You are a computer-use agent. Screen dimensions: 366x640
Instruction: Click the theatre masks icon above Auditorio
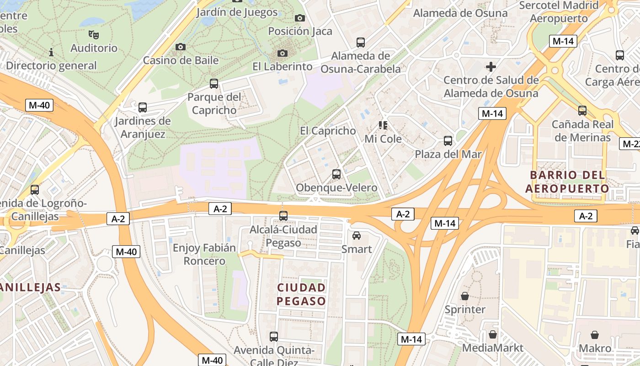tap(94, 34)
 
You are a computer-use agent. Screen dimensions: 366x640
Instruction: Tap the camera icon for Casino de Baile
tap(181, 47)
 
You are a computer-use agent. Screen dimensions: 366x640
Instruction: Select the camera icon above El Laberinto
tap(283, 53)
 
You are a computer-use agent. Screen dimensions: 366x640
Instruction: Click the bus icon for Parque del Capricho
tap(214, 84)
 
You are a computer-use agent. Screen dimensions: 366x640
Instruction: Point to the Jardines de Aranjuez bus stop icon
tap(143, 108)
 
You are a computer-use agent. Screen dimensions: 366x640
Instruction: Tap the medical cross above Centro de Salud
tap(491, 67)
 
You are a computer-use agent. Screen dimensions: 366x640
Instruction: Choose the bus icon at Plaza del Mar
tap(448, 141)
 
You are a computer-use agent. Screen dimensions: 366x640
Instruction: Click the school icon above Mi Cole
tap(383, 125)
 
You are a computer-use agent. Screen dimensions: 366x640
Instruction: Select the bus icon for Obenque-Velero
tap(336, 174)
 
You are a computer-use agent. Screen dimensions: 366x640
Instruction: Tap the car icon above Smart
tap(357, 236)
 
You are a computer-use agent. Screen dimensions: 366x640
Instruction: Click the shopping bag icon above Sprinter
tap(465, 296)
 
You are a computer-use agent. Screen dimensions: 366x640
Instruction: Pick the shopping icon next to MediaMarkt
tap(493, 334)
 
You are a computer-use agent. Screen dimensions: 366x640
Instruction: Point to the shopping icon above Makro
tap(595, 335)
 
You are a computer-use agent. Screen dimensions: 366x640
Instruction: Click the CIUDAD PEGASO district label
tap(302, 294)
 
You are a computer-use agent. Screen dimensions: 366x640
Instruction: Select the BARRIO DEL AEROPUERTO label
tap(567, 182)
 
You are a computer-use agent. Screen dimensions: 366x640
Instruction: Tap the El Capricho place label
tap(328, 131)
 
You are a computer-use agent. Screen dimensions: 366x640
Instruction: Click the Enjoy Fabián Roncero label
tap(204, 254)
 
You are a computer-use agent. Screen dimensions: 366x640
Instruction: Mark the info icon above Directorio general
tap(51, 53)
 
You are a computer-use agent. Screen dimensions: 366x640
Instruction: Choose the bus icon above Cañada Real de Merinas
tap(582, 111)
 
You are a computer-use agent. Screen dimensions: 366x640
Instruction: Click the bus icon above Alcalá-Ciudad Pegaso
tap(283, 216)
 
